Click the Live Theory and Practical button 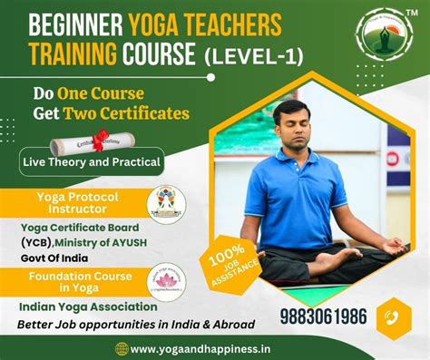click(x=92, y=163)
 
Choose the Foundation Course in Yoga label click(x=80, y=282)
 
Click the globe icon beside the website click(x=122, y=349)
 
